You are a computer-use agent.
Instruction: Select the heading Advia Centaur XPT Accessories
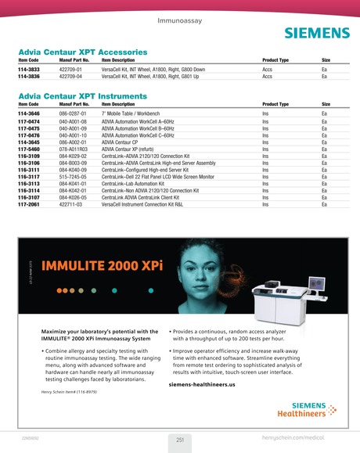(x=82, y=51)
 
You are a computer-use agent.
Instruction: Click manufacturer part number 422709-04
(x=73, y=77)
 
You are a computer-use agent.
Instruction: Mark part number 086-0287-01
(x=74, y=114)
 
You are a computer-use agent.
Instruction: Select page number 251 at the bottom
(x=179, y=440)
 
